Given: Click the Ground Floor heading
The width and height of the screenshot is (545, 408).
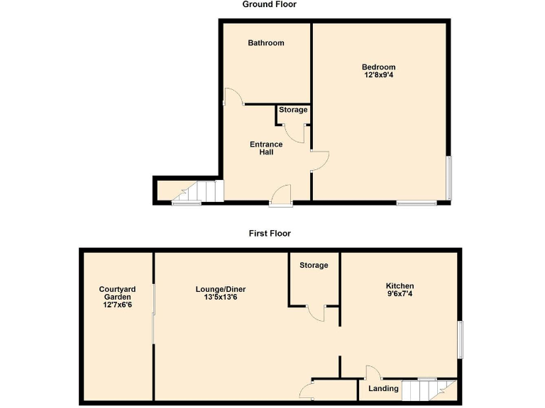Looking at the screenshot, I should (x=269, y=4).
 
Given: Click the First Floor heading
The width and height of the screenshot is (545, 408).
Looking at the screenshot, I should (x=269, y=233).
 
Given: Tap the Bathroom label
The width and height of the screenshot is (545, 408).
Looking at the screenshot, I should (x=265, y=43).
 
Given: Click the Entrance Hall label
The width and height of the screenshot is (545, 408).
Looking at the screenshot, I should (x=266, y=148).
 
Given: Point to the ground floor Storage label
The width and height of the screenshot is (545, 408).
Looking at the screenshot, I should (x=293, y=110).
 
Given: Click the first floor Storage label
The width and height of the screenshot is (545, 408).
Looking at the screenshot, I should (x=314, y=266).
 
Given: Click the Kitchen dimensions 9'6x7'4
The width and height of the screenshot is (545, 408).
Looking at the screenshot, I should (x=400, y=294).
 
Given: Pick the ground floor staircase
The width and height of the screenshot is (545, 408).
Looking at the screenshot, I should (x=199, y=192).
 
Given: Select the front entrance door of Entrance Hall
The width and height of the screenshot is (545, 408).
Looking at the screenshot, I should (x=281, y=195).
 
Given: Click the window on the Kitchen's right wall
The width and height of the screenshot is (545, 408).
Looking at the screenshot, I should (x=459, y=339).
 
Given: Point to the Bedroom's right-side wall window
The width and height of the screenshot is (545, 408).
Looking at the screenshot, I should (x=448, y=177).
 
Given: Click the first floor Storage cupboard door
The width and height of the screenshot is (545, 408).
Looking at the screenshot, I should (x=316, y=313).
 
